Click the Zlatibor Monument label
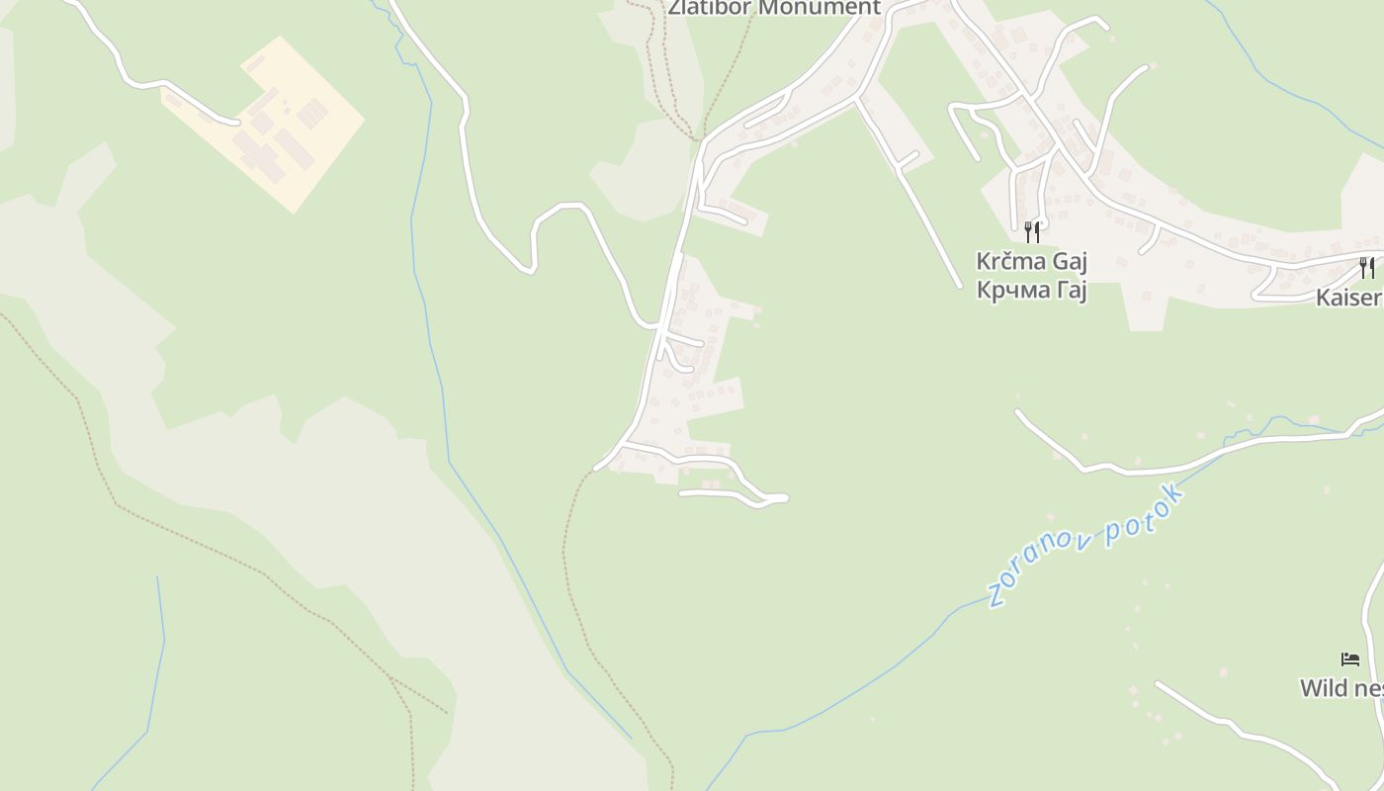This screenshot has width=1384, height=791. click(x=773, y=8)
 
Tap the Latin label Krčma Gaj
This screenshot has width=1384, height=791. click(x=1031, y=261)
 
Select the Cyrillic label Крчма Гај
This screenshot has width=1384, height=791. click(x=1031, y=290)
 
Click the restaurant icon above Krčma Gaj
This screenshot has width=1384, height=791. click(x=1032, y=231)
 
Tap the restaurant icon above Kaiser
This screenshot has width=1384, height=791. click(x=1367, y=267)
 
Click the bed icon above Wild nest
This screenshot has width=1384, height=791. click(x=1350, y=659)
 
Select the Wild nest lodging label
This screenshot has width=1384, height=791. click(x=1341, y=688)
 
